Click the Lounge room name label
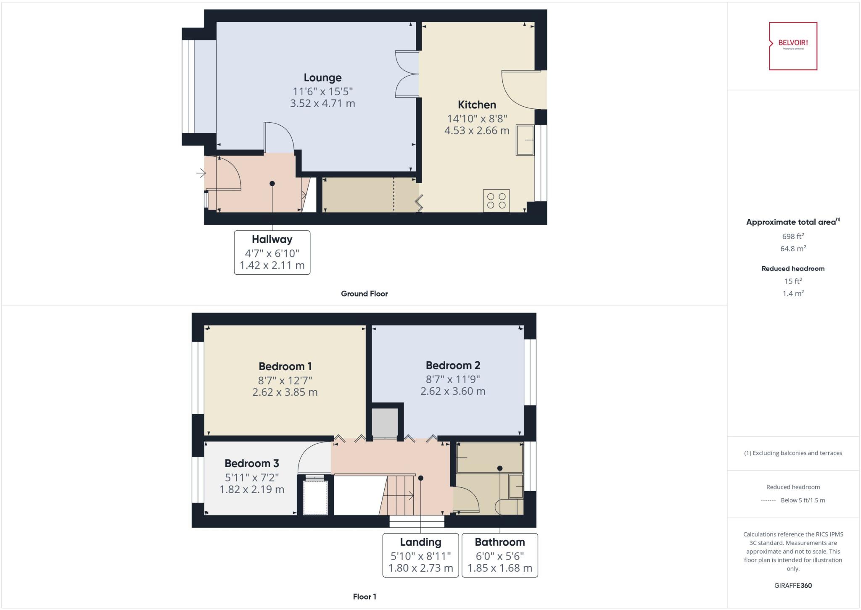click(x=322, y=78)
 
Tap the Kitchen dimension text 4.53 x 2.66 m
click(x=477, y=131)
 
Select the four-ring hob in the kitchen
click(x=496, y=200)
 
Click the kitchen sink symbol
click(x=525, y=140)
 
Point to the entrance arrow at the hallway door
click(x=201, y=173)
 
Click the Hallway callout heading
click(x=272, y=239)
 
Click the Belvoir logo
click(x=793, y=46)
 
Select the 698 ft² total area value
click(x=793, y=237)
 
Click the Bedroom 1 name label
click(x=285, y=366)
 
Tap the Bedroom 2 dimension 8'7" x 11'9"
click(x=453, y=379)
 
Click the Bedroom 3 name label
click(x=251, y=463)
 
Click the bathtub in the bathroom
click(x=489, y=457)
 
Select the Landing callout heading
click(x=420, y=542)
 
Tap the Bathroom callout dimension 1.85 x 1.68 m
click(x=499, y=568)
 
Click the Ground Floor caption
click(x=364, y=294)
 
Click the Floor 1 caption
click(x=364, y=597)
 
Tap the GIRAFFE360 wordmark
click(x=793, y=585)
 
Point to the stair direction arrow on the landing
click(x=404, y=496)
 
